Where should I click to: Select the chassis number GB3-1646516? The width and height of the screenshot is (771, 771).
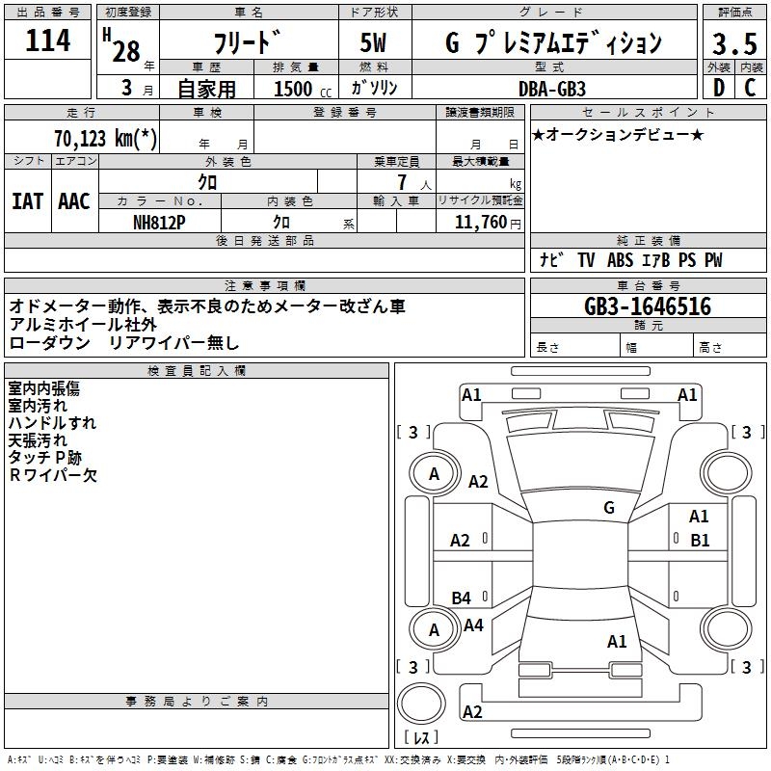click(x=648, y=306)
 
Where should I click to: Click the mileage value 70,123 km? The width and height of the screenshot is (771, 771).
click(x=106, y=138)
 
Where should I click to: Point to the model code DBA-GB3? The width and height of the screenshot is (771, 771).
click(x=555, y=88)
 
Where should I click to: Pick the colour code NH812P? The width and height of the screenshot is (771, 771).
click(x=161, y=222)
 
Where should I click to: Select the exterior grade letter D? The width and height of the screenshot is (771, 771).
click(x=718, y=89)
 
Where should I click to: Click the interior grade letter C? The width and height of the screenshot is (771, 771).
click(x=749, y=89)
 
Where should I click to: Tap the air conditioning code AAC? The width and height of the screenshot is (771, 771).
click(x=73, y=201)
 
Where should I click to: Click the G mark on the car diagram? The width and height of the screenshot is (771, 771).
click(x=608, y=508)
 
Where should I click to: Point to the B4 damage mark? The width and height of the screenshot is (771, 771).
click(x=462, y=598)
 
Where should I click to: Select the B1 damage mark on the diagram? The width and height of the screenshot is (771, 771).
click(x=699, y=541)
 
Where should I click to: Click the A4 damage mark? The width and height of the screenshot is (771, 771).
click(x=473, y=625)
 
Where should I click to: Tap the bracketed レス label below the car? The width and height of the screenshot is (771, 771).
click(x=421, y=737)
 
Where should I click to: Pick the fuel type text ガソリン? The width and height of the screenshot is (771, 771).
click(x=375, y=88)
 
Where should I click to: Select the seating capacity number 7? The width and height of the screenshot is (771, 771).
click(x=399, y=182)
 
